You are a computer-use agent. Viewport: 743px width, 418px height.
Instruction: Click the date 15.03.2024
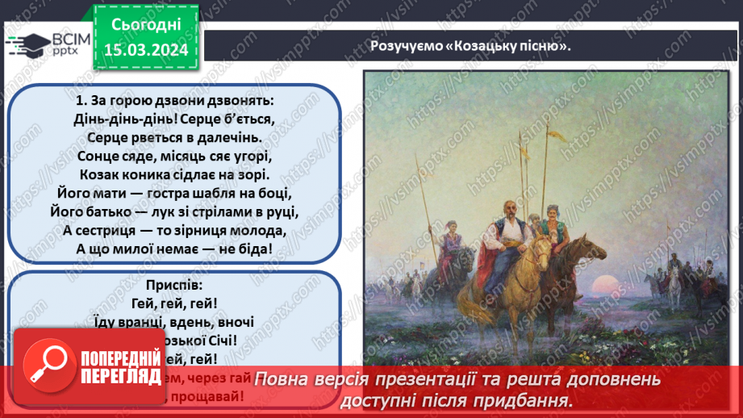(146, 49)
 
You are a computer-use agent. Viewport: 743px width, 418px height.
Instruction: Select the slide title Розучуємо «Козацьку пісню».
(470, 45)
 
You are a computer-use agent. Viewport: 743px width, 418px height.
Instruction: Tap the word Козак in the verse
(99, 174)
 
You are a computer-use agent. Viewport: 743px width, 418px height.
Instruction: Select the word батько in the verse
(112, 212)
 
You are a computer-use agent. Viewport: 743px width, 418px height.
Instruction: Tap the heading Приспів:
(173, 286)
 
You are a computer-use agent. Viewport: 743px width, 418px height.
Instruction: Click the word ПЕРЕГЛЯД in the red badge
(118, 375)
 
